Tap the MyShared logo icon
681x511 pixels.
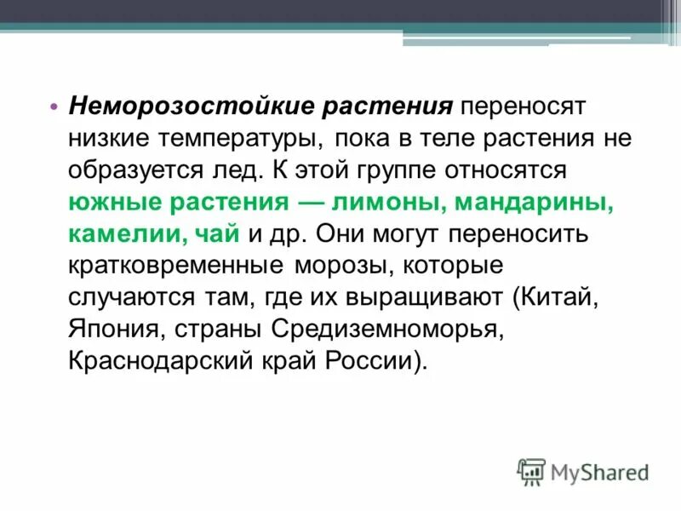[x=531, y=470]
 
